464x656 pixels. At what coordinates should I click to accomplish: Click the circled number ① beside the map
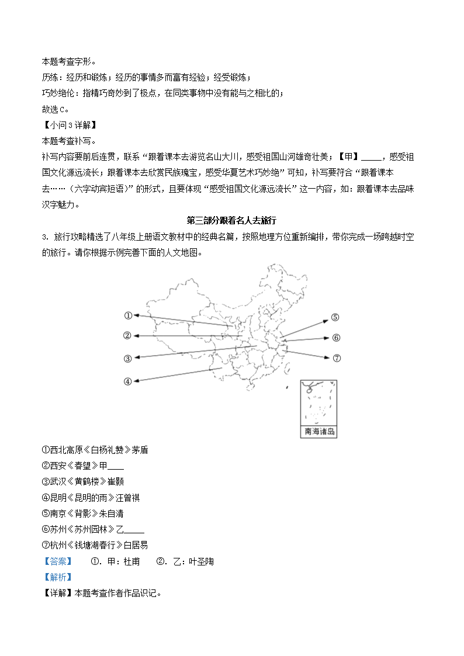pos(128,315)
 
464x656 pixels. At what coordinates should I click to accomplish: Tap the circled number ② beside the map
pos(127,335)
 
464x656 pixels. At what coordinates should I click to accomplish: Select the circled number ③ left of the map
pos(127,359)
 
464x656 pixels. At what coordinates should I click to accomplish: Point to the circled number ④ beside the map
pos(127,381)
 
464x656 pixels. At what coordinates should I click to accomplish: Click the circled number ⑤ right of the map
pos(335,317)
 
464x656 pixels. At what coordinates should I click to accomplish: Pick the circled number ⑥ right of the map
pos(336,338)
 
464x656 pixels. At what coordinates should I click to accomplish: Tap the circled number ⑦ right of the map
pos(336,358)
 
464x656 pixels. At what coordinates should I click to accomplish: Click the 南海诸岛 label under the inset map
pos(319,432)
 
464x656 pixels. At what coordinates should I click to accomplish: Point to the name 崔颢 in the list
pos(116,482)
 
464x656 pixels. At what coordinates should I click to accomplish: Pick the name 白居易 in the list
pos(136,545)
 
